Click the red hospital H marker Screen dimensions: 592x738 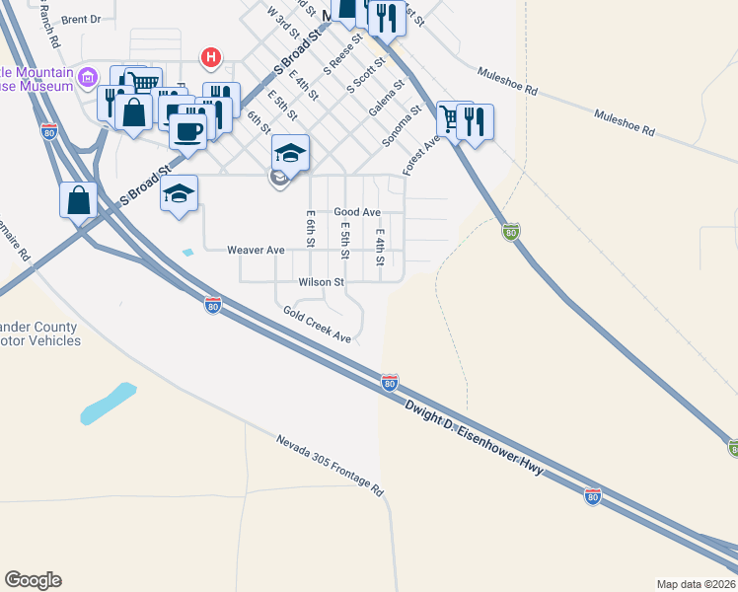210,58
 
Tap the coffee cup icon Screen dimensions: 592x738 187,130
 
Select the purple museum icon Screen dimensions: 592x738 88,76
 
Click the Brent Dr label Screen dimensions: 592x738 81,19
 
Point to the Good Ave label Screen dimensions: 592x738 357,212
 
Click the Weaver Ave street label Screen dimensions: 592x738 256,251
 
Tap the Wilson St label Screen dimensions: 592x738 321,282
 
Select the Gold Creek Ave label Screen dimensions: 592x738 317,325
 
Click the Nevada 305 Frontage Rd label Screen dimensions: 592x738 330,466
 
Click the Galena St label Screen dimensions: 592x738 388,100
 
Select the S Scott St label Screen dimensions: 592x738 364,76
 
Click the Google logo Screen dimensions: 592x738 33,580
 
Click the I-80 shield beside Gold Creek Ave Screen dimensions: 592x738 212,306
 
